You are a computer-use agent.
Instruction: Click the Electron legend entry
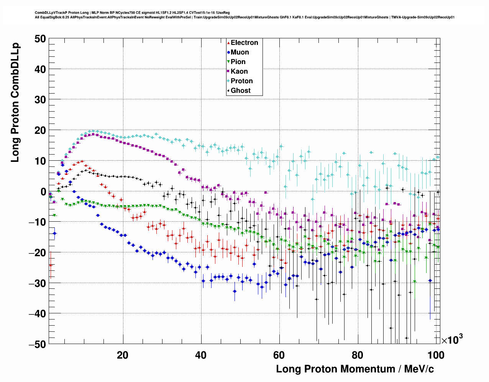[244, 43]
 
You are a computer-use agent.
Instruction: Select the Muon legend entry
[240, 52]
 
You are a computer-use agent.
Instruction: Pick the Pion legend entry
[238, 62]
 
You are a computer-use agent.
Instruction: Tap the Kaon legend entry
[239, 71]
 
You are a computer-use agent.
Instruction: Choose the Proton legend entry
[241, 81]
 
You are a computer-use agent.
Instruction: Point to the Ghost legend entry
[240, 91]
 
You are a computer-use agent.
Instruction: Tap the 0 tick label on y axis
[43, 191]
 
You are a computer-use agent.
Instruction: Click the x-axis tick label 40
[200, 355]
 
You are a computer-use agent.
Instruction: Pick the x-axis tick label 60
[279, 355]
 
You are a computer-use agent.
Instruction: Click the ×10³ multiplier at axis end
[452, 339]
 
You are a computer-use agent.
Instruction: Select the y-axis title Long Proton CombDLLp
[15, 103]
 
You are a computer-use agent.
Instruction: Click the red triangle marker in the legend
[228, 43]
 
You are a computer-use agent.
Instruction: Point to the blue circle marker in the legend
[228, 53]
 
